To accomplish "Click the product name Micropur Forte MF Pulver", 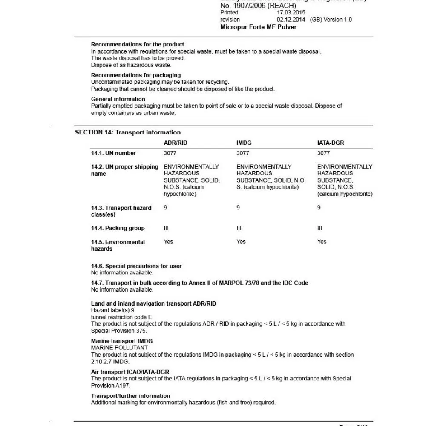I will point(258,27).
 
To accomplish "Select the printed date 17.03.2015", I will point(291,13).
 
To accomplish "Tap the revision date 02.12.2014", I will point(291,20).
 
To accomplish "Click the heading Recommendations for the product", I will point(138,44).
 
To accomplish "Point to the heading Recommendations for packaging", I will point(136,75).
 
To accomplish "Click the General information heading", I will point(118,99).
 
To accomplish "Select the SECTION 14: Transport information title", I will point(128,132).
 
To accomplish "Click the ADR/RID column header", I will point(176,143).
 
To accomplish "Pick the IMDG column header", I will point(244,143).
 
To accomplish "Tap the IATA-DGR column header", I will point(331,143).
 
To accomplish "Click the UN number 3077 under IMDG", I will point(243,153).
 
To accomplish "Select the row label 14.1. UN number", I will point(113,153).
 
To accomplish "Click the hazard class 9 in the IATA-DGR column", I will point(319,208).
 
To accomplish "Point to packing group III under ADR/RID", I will point(166,228).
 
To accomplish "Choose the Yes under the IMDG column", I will point(241,242).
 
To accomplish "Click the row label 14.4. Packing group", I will point(118,228).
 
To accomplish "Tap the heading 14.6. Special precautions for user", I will point(136,266).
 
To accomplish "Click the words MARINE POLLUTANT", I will point(119,348).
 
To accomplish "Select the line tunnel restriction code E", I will point(121,317).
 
